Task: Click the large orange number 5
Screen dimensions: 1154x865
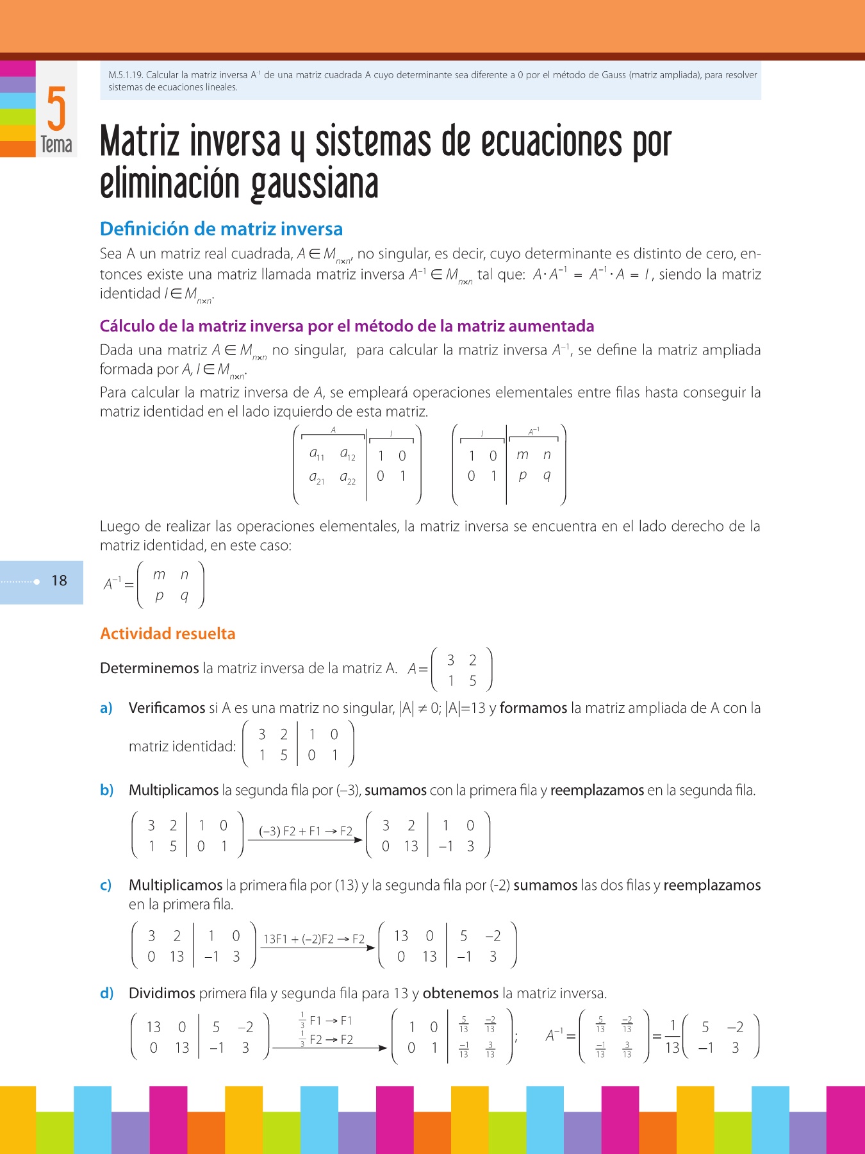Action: tap(56, 108)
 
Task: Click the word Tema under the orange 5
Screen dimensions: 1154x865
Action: tap(56, 145)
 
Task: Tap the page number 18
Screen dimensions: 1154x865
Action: tap(59, 581)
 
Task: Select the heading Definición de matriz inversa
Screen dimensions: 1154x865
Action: tap(221, 229)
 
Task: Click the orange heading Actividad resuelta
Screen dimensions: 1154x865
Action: tap(168, 633)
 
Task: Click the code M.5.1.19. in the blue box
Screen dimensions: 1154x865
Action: tap(126, 75)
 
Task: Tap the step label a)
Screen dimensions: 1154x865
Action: tap(106, 708)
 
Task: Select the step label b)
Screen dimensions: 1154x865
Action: tap(106, 790)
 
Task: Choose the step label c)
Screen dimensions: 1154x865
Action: tap(106, 885)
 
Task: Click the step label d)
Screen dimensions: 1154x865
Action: tap(106, 994)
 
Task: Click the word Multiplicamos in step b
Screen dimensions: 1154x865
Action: tap(174, 790)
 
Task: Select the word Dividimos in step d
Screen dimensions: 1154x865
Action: tap(161, 994)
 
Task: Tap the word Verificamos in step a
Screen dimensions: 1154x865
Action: tap(167, 708)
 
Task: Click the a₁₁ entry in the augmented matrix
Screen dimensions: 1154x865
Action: tap(317, 455)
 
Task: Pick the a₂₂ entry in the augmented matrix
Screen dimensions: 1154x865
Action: tap(347, 478)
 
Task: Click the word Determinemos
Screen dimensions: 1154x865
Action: tap(149, 669)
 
